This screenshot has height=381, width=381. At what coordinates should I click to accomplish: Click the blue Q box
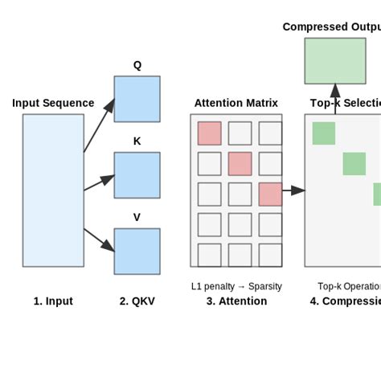click(x=137, y=99)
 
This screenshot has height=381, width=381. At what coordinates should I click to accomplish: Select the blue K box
click(x=137, y=175)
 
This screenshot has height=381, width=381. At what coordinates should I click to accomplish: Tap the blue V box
click(x=137, y=251)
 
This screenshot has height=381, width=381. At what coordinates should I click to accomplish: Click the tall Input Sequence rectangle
click(x=53, y=190)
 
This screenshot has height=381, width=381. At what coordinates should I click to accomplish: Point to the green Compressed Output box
click(x=334, y=60)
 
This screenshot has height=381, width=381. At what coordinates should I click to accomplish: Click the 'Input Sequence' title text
click(x=53, y=103)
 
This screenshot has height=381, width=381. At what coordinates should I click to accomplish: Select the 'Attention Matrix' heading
click(x=236, y=103)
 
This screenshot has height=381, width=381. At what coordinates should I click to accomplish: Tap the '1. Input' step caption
click(x=53, y=301)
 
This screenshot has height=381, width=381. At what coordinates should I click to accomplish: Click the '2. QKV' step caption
click(x=137, y=301)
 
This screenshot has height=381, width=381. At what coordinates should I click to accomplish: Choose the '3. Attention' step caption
click(x=236, y=301)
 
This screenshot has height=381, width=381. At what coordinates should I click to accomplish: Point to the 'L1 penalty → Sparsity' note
click(x=236, y=286)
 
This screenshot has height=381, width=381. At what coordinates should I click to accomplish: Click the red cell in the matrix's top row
click(x=209, y=133)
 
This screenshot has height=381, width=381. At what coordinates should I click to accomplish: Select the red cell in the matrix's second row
click(x=240, y=164)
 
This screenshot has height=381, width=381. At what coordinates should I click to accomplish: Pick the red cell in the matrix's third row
click(x=270, y=194)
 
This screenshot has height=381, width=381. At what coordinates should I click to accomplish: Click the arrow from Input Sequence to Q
click(x=99, y=125)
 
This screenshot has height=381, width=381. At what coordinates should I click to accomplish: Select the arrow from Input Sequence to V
click(x=99, y=240)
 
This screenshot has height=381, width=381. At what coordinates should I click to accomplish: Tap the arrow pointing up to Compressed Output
click(x=335, y=99)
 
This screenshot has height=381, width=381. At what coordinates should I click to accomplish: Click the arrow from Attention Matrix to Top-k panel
click(x=293, y=190)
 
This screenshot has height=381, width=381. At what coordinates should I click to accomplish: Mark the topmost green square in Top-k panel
click(x=323, y=133)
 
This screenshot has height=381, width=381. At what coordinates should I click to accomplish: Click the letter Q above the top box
click(x=137, y=66)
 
